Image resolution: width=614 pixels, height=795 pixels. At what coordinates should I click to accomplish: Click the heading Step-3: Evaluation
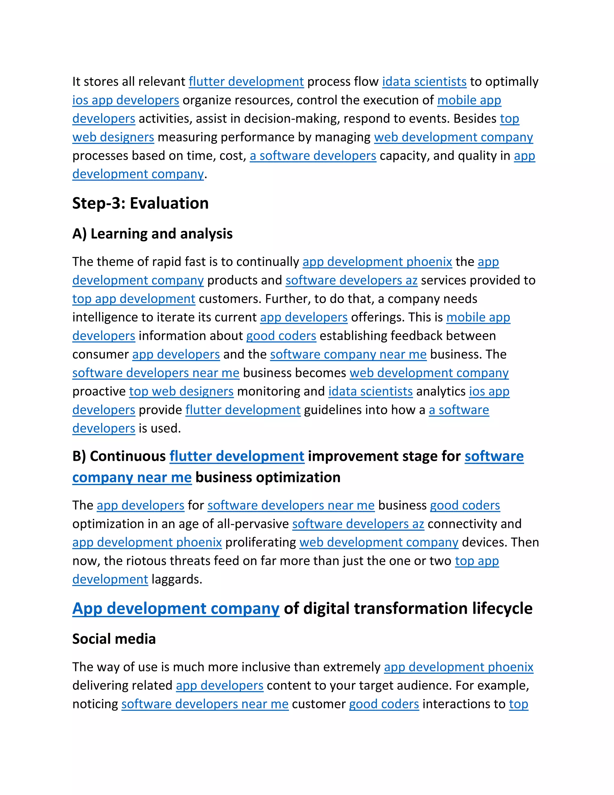(x=140, y=203)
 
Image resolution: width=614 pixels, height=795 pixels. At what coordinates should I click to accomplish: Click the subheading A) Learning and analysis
(x=152, y=234)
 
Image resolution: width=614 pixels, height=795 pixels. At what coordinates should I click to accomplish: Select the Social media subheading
(x=114, y=639)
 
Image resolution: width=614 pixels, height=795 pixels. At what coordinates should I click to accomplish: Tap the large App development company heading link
(x=176, y=609)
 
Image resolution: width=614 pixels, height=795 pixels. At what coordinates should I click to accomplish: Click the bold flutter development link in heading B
(x=237, y=456)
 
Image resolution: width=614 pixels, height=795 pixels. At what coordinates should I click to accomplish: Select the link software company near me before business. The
(x=348, y=354)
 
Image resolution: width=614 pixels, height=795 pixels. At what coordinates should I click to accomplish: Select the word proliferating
(x=261, y=542)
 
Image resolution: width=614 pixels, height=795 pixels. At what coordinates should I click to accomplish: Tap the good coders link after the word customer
(x=384, y=704)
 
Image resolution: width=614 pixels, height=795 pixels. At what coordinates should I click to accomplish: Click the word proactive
(x=99, y=391)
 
